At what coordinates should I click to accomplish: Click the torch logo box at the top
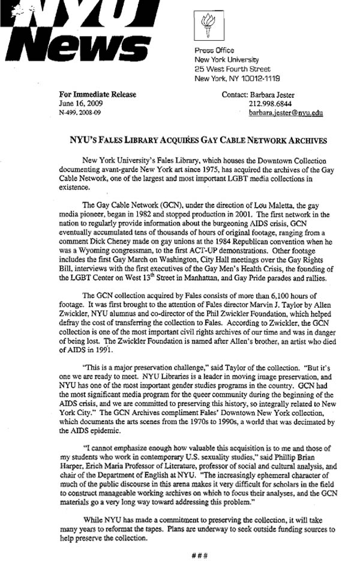[x=208, y=25]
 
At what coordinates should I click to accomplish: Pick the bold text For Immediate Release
[x=97, y=94]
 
